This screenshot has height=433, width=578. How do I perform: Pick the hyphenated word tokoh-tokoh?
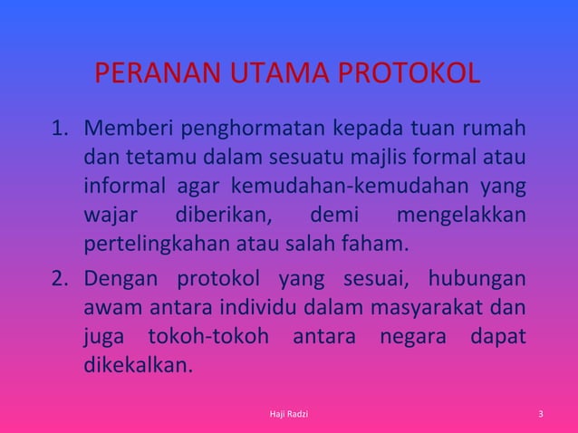[208, 334]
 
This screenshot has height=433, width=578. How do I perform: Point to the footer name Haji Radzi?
[289, 415]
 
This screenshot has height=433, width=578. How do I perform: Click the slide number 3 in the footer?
[540, 415]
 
